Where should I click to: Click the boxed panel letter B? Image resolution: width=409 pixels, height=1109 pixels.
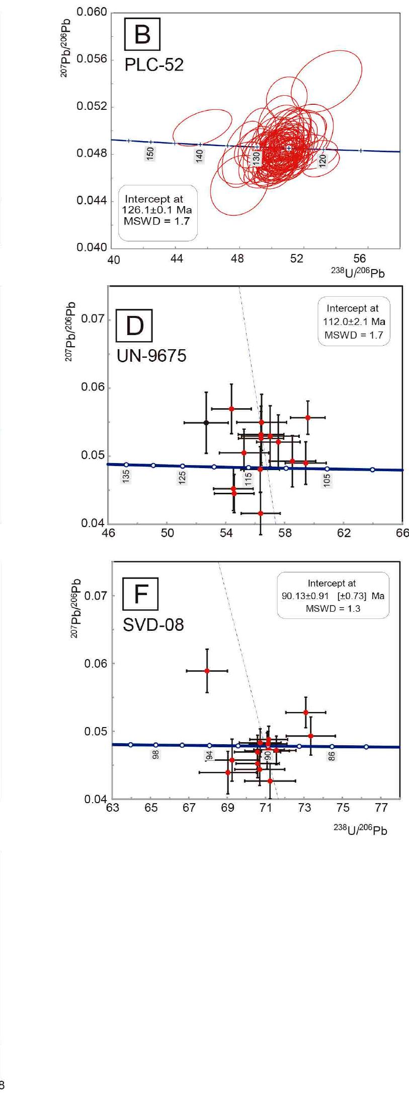142,35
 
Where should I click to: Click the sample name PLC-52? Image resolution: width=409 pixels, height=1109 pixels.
153,65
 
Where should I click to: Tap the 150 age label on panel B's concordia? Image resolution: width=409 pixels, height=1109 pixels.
150,154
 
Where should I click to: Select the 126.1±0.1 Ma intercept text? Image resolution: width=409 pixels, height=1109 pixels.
157,210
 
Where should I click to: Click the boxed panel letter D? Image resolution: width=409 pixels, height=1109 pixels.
134,326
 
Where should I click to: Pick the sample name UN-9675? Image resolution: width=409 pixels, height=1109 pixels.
151,356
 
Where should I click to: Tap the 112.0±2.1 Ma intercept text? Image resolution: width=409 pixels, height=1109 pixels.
354,321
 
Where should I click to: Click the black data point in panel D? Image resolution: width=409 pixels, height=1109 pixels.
206,422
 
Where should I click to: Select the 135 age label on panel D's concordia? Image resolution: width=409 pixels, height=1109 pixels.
126,476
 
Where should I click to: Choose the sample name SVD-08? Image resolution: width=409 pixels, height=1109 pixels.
153,625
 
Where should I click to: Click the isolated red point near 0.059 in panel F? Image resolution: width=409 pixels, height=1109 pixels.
207,671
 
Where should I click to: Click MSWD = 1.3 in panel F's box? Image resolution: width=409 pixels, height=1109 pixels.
333,609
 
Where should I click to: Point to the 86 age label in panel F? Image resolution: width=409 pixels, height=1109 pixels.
332,756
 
